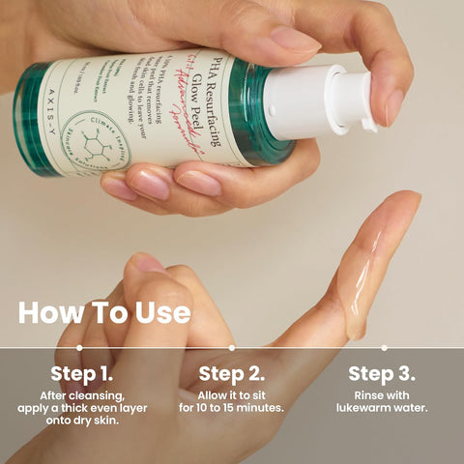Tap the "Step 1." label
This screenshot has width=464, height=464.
point(81,374)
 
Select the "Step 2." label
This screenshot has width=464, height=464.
point(231,374)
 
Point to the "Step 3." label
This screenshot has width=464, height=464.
point(382,374)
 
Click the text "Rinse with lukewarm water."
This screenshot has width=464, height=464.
point(382,401)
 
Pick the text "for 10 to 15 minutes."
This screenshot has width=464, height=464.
point(231,408)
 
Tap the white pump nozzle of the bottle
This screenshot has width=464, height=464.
point(333,101)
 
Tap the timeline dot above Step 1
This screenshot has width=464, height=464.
point(81,347)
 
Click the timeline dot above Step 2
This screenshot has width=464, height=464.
point(231,347)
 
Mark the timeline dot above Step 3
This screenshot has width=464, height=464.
point(384,347)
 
